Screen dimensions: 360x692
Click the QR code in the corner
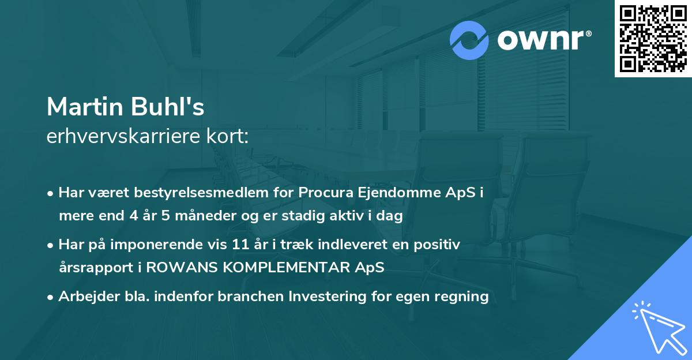[653, 38]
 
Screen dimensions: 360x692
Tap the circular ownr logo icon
[469, 40]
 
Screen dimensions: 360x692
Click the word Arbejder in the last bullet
[84, 297]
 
